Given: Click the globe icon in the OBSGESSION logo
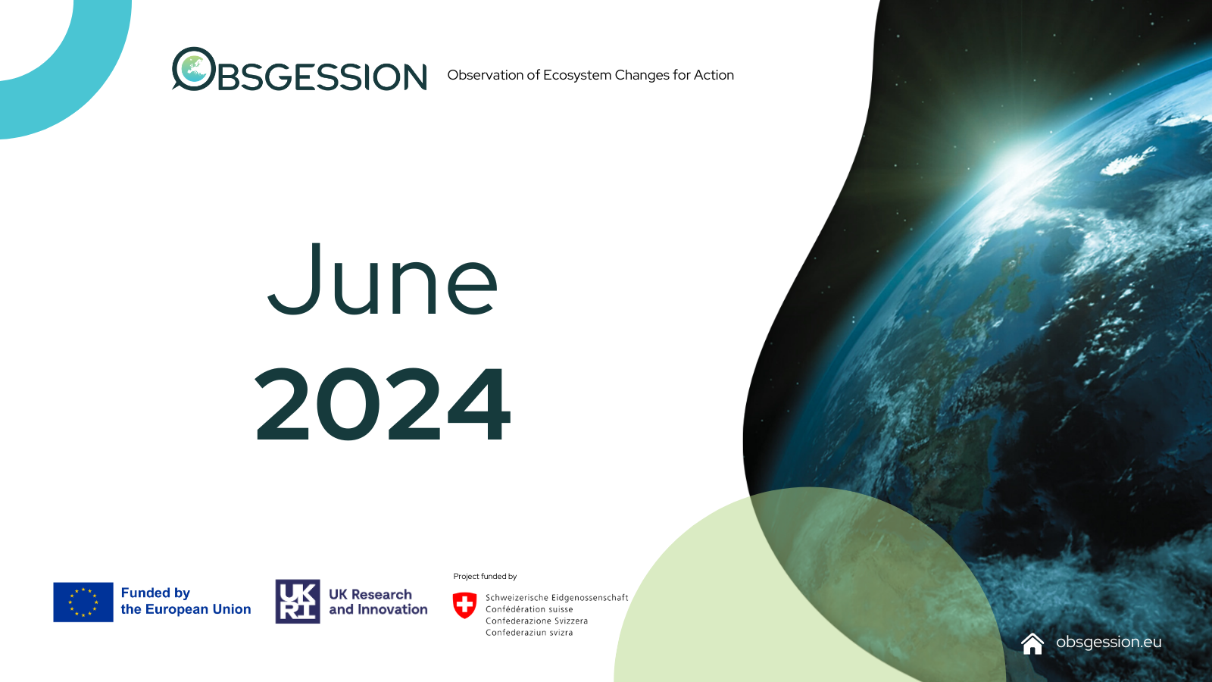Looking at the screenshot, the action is pos(194,69).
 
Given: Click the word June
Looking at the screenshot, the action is pos(383,279).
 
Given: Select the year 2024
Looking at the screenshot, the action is pos(383,404).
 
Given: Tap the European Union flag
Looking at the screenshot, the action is pos(83,602).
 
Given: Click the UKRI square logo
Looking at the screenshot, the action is pos(298,602).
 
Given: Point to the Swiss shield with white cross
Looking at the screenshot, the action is pos(465,605).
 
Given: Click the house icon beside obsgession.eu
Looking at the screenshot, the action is pos(1032,643).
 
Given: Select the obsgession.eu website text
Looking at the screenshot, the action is pos(1109,642).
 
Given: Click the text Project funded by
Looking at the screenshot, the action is pos(485,577).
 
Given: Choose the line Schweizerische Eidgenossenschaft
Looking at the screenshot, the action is pos(557,598).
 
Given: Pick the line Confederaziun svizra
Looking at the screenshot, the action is pos(529,632).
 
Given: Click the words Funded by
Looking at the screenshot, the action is pos(155,593).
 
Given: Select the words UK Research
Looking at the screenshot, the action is pos(370,594).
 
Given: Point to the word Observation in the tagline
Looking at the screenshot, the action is pos(486,75).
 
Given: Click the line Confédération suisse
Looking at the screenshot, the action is pos(529,609).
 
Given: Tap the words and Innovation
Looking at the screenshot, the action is pos(378,609).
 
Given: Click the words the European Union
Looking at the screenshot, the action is pos(186,609).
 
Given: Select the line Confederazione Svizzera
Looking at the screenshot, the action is pos(537,621).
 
